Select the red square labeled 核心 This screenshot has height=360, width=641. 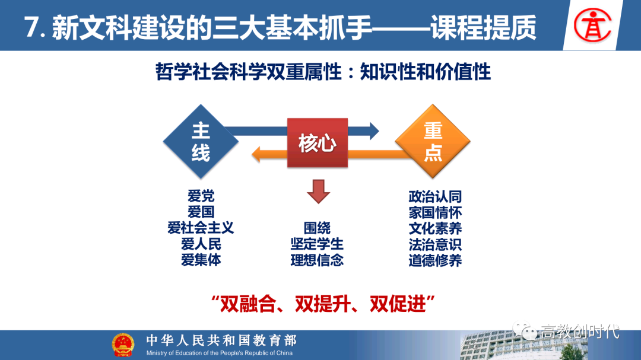(x=318, y=143)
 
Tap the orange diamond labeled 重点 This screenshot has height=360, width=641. (x=433, y=142)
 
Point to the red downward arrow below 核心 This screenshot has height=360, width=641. (x=318, y=191)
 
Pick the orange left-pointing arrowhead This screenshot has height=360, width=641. (x=258, y=155)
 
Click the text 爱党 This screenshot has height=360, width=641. (x=201, y=196)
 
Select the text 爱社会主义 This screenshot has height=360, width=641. (x=201, y=228)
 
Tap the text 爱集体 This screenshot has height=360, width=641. (x=201, y=260)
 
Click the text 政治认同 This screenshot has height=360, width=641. (x=435, y=196)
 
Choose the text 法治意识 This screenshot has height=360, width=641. (x=435, y=244)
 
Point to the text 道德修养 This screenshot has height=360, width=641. (x=435, y=260)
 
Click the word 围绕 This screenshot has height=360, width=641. (x=317, y=228)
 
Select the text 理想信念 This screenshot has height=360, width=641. (x=317, y=260)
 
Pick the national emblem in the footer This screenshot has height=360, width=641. (x=123, y=345)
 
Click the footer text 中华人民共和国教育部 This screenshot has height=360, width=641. (x=221, y=340)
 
